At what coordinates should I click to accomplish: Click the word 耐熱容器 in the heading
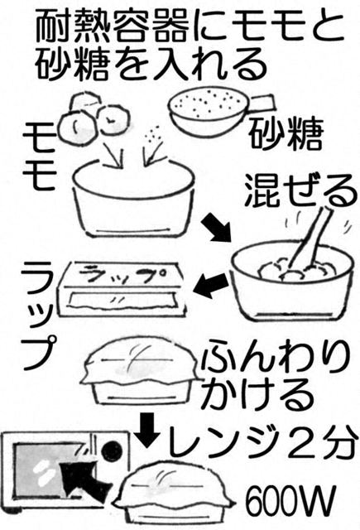111,26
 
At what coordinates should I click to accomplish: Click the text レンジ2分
262,441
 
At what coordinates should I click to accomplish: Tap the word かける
257,394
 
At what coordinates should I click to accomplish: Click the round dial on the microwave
112,450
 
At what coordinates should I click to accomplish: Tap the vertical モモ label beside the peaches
39,155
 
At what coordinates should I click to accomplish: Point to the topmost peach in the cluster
85,100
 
